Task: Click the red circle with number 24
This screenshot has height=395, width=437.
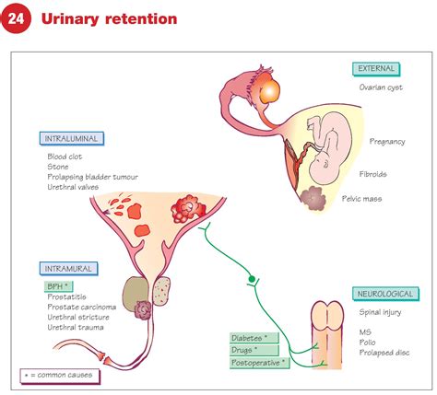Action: click(21, 19)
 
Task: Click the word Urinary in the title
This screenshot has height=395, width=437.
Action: click(75, 19)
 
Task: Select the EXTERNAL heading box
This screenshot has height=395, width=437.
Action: click(377, 68)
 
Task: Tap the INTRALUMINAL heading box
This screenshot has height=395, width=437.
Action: click(73, 138)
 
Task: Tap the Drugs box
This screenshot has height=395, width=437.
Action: click(249, 350)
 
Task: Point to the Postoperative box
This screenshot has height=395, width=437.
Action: click(260, 363)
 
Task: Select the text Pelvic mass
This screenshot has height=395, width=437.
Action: click(388, 198)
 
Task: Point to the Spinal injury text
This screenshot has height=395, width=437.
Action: click(380, 313)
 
